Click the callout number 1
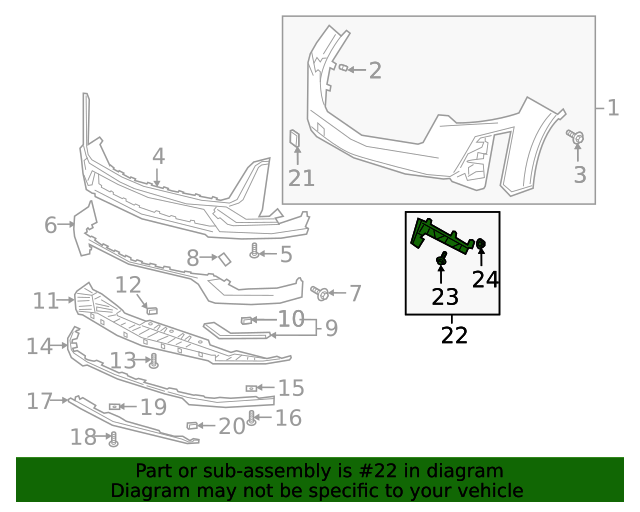pos(613,107)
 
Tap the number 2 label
pos(375,70)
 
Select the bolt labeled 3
pos(577,137)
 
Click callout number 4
pos(158,157)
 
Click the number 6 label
pos(51,225)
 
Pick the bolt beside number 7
pos(322,293)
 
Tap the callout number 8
pos(193,258)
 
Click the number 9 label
pos(331,327)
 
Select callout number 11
pos(46,300)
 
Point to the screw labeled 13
pos(154,362)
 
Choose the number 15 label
pos(291,387)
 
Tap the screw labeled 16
pos(252,418)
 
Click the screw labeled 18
pos(113,437)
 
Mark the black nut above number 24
pos(481,244)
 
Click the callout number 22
pos(454,335)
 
